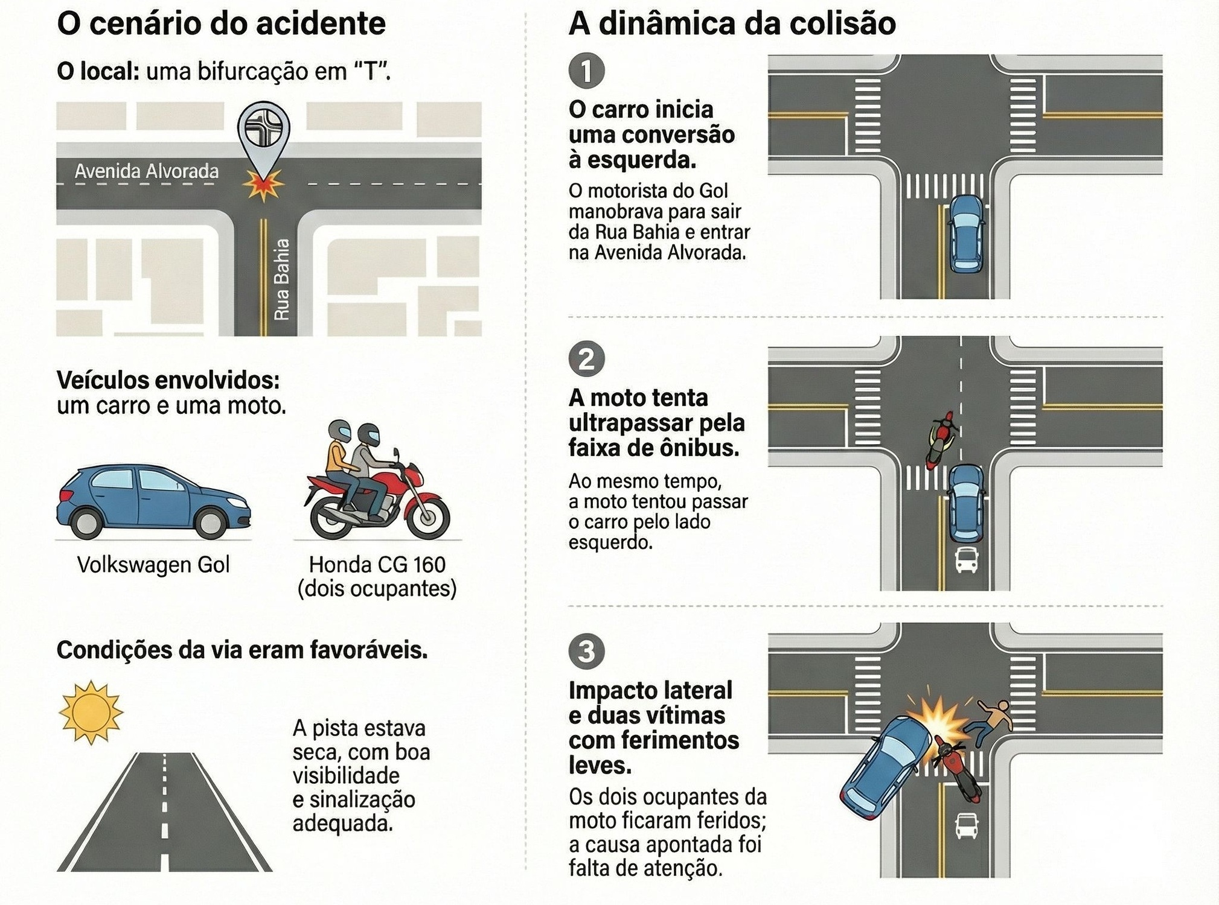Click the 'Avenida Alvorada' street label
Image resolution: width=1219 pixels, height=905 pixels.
tap(146, 171)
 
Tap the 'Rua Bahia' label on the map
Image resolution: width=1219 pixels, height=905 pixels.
tap(282, 279)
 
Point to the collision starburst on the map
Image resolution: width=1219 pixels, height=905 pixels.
tap(263, 185)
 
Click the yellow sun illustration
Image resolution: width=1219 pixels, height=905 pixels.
tap(91, 712)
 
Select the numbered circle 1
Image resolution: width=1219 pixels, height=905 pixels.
tap(586, 71)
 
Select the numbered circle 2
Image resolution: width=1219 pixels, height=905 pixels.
tap(586, 359)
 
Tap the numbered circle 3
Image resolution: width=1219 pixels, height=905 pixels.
tap(586, 652)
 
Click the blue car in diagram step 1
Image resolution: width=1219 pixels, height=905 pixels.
tap(966, 234)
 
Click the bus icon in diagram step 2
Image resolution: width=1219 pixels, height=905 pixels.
tap(966, 560)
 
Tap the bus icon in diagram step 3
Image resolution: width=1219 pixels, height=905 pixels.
tap(966, 826)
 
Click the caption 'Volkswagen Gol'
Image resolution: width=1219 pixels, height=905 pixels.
tap(153, 565)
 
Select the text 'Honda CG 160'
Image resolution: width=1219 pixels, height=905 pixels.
tap(377, 565)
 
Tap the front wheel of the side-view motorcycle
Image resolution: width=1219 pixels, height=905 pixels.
tap(428, 518)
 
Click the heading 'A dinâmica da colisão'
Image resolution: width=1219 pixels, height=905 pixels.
tap(732, 24)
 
